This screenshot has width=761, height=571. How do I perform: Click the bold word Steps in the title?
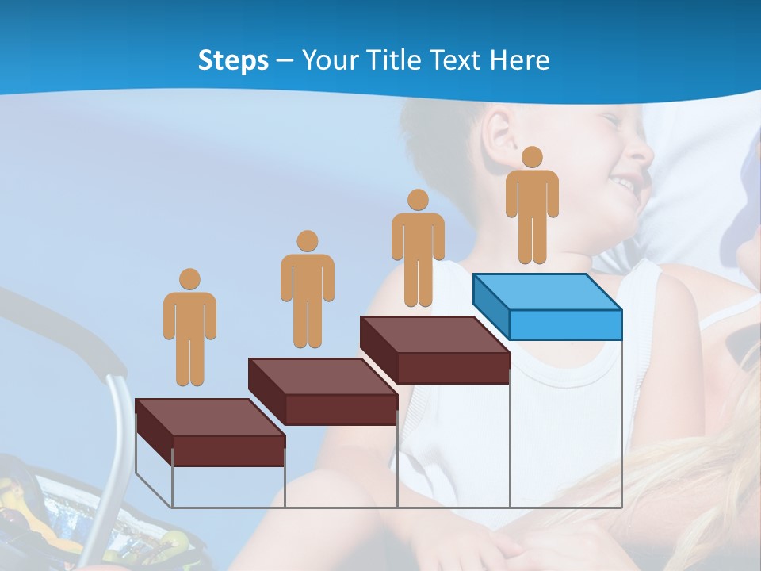[233, 61]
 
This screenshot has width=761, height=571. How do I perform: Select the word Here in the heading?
[519, 60]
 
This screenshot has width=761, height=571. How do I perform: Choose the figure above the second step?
[307, 289]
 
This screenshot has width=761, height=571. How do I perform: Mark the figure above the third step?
[418, 248]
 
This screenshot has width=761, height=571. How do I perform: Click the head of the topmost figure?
[532, 157]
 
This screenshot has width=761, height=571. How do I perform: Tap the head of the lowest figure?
[189, 279]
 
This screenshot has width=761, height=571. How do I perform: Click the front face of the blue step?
[565, 324]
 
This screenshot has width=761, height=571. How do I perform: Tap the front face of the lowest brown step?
[228, 450]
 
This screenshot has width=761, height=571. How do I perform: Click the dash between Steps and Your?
[285, 61]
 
